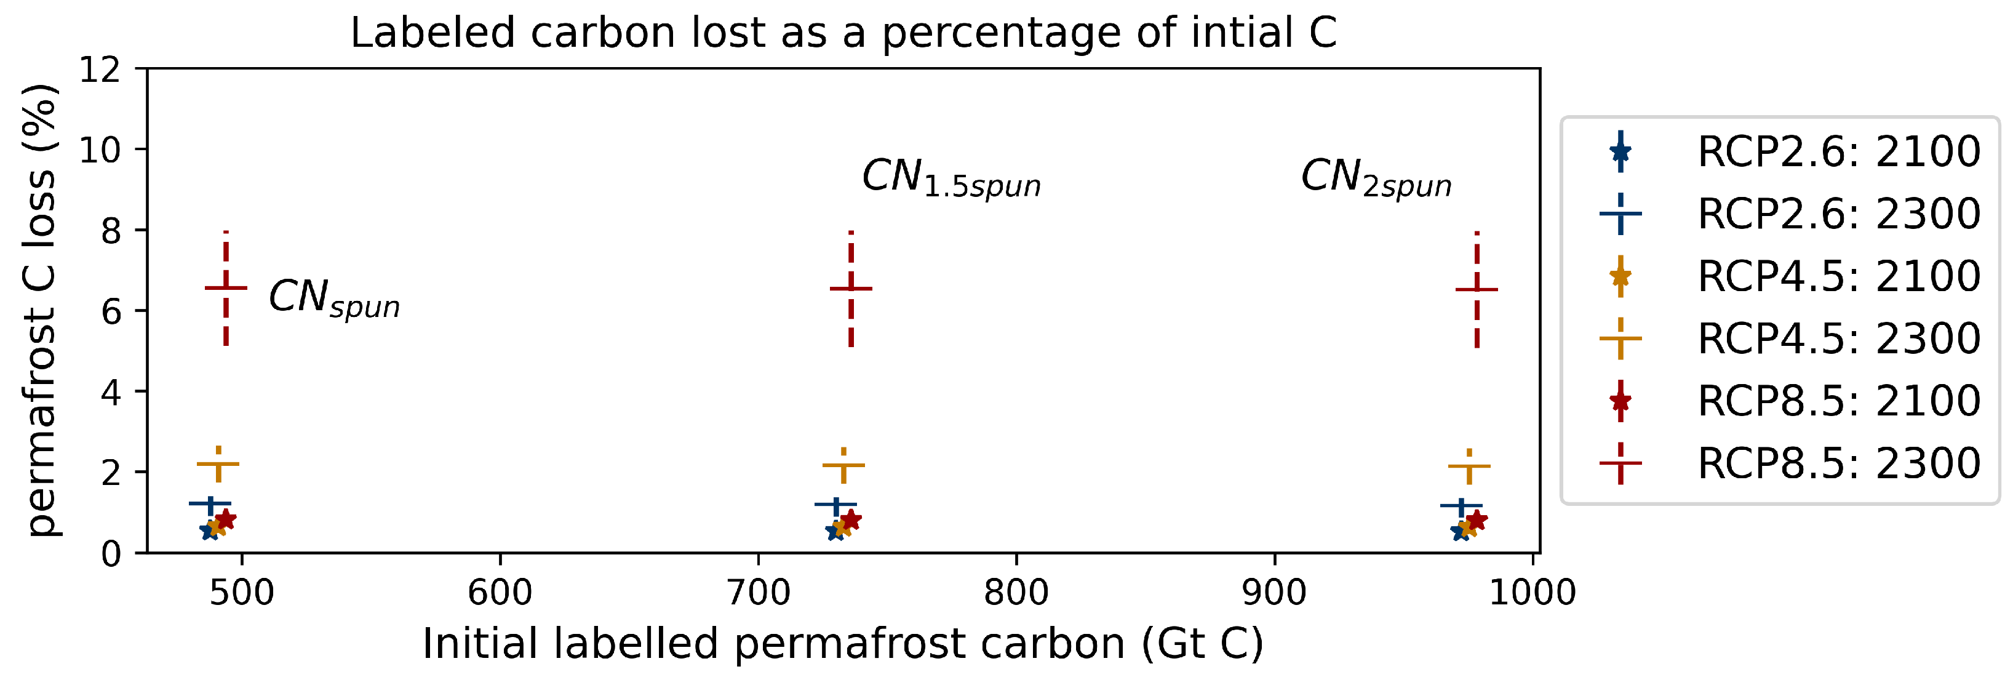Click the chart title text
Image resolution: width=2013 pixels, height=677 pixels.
(843, 33)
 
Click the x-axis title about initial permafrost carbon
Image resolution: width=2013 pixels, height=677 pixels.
(842, 643)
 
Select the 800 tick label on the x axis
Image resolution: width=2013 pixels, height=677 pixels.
(1016, 593)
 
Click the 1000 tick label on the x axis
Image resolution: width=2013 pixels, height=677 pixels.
(1532, 593)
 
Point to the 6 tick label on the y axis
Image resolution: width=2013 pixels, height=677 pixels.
(111, 312)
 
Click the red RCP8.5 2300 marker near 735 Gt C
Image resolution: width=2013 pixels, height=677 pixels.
(851, 289)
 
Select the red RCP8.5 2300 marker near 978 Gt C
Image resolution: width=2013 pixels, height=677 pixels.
(1476, 289)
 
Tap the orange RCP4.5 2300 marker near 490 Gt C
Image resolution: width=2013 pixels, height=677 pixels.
(218, 465)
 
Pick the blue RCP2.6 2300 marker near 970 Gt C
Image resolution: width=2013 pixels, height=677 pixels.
(1461, 506)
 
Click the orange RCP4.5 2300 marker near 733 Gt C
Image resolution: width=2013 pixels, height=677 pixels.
(844, 465)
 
